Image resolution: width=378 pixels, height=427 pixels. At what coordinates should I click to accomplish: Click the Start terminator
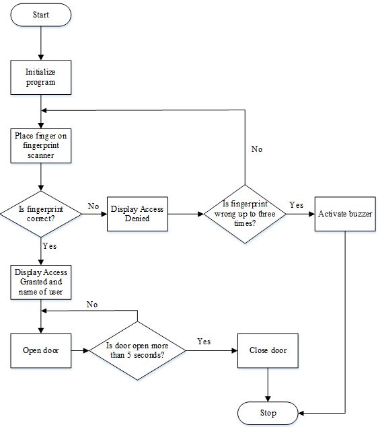click(x=41, y=15)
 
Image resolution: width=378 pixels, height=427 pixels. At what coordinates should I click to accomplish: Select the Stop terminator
click(x=268, y=413)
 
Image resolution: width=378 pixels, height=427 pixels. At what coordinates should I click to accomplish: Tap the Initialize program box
click(x=41, y=77)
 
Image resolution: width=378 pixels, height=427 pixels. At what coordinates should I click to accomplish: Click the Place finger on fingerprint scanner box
click(x=41, y=146)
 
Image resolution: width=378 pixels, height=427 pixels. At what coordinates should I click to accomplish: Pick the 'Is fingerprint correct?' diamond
click(x=41, y=214)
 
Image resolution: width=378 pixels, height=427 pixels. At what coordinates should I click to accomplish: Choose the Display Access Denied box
click(x=137, y=214)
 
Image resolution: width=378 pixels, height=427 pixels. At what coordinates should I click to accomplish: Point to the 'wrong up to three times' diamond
click(x=245, y=214)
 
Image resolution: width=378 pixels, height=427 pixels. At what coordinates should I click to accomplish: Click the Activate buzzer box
click(x=345, y=214)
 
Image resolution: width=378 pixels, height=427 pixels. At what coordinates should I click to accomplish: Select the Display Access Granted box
click(x=41, y=282)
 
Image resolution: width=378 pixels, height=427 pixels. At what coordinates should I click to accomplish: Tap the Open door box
click(x=41, y=350)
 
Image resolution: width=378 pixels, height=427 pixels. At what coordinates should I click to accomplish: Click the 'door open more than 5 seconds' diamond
click(x=137, y=350)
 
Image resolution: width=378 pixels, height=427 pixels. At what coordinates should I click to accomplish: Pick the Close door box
click(x=268, y=350)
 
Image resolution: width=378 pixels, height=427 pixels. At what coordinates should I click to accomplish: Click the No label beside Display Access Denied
click(x=93, y=206)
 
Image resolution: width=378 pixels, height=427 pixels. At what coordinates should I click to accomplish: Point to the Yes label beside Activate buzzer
click(x=297, y=205)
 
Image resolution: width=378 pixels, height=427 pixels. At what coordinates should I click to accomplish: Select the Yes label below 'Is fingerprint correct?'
click(x=50, y=246)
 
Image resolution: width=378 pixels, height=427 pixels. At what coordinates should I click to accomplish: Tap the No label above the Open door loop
click(x=92, y=305)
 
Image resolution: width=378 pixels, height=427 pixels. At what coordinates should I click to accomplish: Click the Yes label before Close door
click(x=204, y=342)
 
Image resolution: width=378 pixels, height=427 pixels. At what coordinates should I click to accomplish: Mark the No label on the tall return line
click(x=257, y=149)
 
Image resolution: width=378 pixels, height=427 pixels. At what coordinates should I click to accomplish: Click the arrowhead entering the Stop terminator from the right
click(x=301, y=413)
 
